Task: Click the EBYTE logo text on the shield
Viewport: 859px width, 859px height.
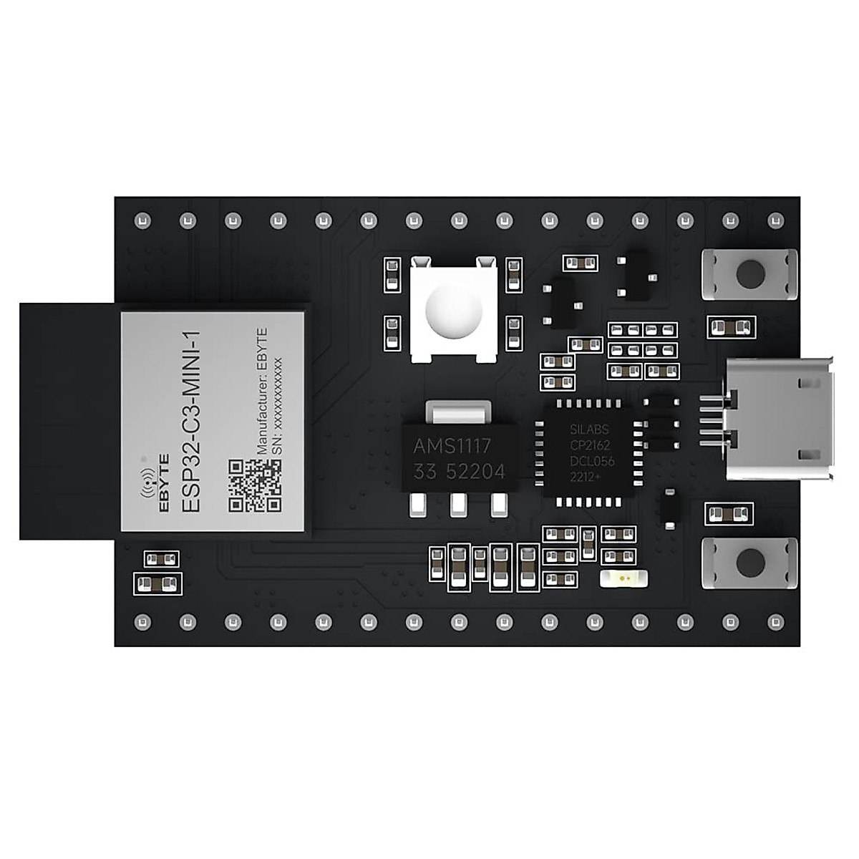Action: tap(164, 483)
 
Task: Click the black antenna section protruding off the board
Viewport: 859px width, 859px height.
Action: tap(68, 421)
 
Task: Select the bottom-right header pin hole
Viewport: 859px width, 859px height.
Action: tap(775, 621)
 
